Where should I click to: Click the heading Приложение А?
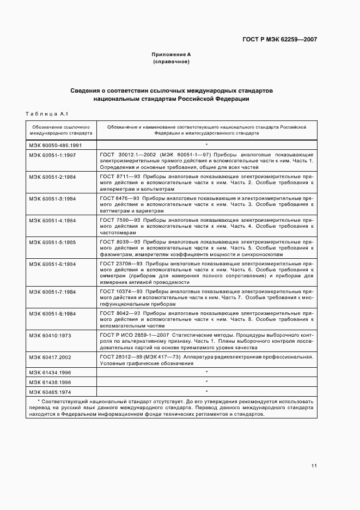click(170, 54)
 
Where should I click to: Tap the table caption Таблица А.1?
click(46, 113)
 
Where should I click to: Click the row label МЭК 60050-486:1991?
click(55, 145)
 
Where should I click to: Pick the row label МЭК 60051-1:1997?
click(53, 155)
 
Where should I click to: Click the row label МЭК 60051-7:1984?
click(53, 292)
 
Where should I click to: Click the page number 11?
click(314, 466)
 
